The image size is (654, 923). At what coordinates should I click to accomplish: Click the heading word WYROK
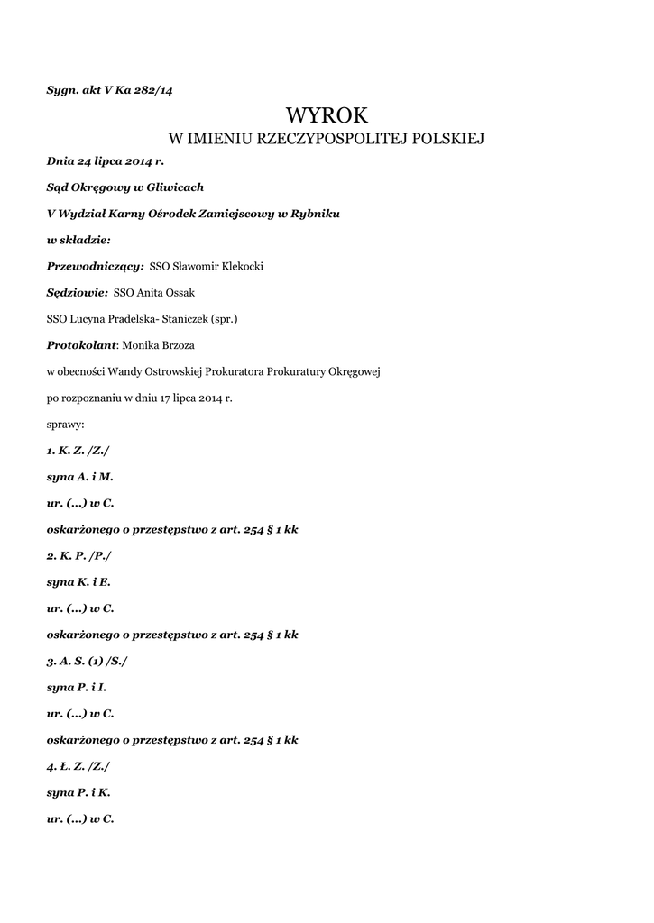[x=327, y=115]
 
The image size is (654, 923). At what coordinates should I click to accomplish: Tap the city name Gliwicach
[x=176, y=187]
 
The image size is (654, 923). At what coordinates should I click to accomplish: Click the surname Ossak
[x=178, y=292]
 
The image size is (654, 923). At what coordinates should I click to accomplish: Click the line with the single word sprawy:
[x=65, y=423]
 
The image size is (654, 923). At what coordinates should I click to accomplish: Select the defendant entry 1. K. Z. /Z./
[x=78, y=449]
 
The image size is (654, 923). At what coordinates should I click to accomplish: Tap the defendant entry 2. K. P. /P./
[x=78, y=555]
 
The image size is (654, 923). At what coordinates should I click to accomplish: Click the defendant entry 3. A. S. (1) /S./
[x=88, y=661]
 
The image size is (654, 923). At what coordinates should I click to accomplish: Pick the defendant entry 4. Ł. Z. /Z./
[x=78, y=766]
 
